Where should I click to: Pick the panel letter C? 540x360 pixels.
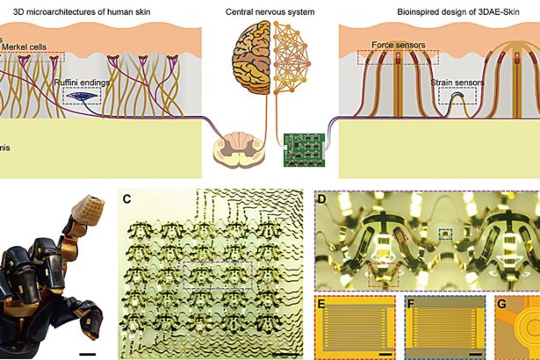pyautogui.click(x=128, y=199)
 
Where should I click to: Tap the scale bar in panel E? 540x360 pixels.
pyautogui.click(x=384, y=351)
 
